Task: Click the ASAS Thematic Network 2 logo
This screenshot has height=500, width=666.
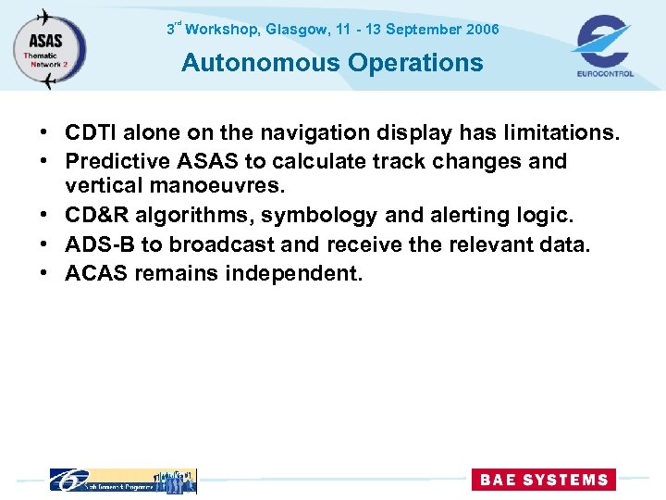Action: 49,49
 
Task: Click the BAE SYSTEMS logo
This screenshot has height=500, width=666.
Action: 542,480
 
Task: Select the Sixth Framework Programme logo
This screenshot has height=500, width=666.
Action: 122,480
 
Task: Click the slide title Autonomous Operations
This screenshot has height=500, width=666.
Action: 332,63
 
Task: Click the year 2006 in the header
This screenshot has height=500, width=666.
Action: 482,30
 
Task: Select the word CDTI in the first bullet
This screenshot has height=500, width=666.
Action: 92,133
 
